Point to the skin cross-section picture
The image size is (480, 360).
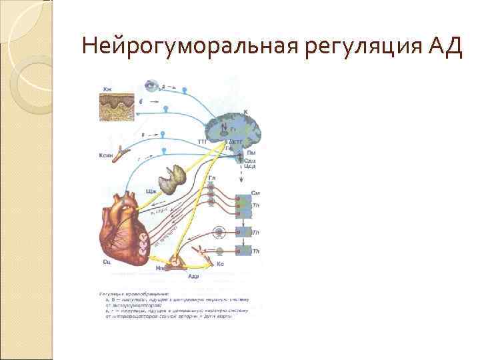117,107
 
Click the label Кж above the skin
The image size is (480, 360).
107,89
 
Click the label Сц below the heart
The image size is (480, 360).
107,263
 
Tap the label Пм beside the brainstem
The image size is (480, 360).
251,153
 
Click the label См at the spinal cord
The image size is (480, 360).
255,193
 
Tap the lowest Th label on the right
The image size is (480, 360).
255,251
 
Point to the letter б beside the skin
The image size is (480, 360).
141,101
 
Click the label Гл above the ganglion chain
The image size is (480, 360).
212,179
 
